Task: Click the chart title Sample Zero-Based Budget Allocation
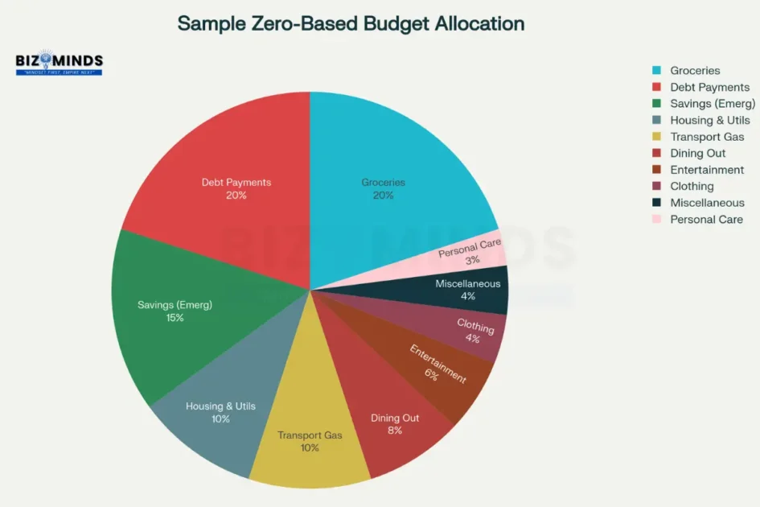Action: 351,23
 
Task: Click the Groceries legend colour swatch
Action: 656,71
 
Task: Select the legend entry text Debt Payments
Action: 709,87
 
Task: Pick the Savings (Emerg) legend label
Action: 713,104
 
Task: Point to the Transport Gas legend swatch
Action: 656,137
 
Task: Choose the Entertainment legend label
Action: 707,170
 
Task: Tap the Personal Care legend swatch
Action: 656,219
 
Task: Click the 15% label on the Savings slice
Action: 175,318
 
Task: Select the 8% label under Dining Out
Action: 394,431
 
